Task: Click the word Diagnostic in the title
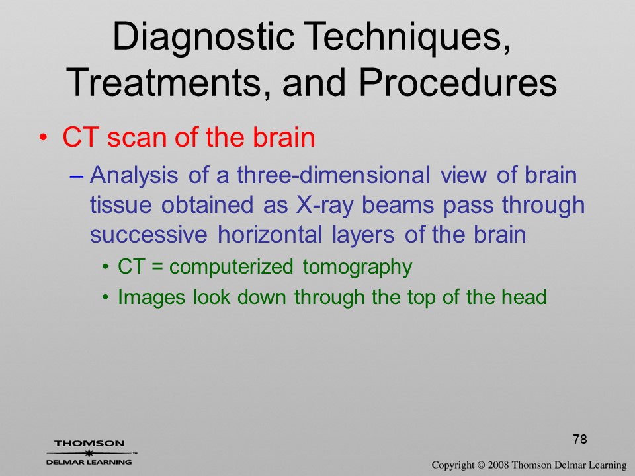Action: [203, 37]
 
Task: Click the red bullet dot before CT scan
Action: [43, 138]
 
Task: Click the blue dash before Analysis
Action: [76, 177]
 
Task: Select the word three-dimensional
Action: [333, 175]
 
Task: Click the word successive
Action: [149, 235]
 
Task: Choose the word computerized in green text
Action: [231, 267]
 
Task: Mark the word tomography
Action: [357, 267]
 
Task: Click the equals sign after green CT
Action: [157, 267]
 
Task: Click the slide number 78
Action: [580, 439]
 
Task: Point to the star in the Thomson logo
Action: [89, 452]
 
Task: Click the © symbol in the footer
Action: [481, 465]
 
